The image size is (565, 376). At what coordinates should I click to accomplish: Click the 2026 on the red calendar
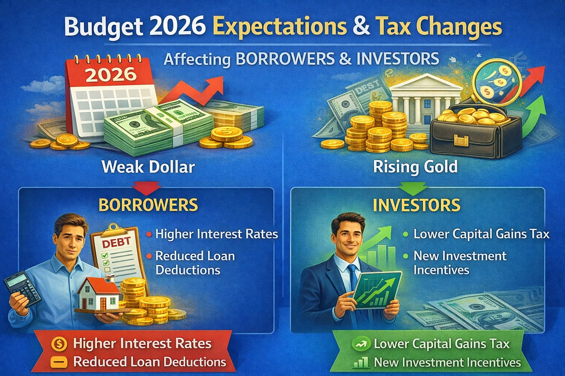point(111,75)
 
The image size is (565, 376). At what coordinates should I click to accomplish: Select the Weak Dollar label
point(148,167)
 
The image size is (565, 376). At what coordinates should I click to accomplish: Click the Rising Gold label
point(415,167)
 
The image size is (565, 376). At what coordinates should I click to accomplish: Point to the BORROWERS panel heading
point(148,205)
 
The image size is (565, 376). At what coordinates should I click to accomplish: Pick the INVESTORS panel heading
point(416,205)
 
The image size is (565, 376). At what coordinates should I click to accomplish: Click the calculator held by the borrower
point(23,289)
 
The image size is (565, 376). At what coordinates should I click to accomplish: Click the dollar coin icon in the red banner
point(59,344)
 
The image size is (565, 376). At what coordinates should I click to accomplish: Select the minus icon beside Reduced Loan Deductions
point(59,362)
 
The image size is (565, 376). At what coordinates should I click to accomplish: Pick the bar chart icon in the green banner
point(361,363)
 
